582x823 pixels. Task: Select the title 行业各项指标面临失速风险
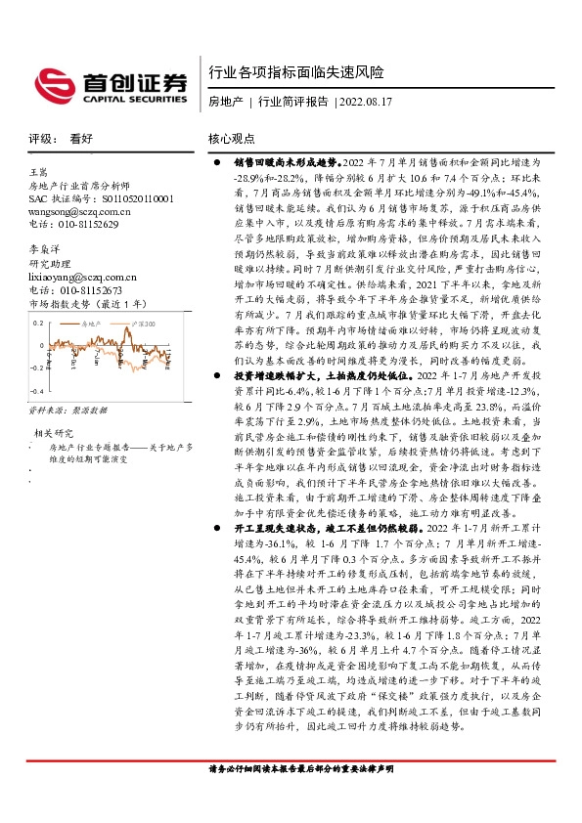[295, 73]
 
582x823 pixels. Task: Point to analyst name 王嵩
[40, 171]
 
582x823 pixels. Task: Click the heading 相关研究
[54, 433]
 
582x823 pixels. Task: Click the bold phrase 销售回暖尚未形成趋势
[286, 160]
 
